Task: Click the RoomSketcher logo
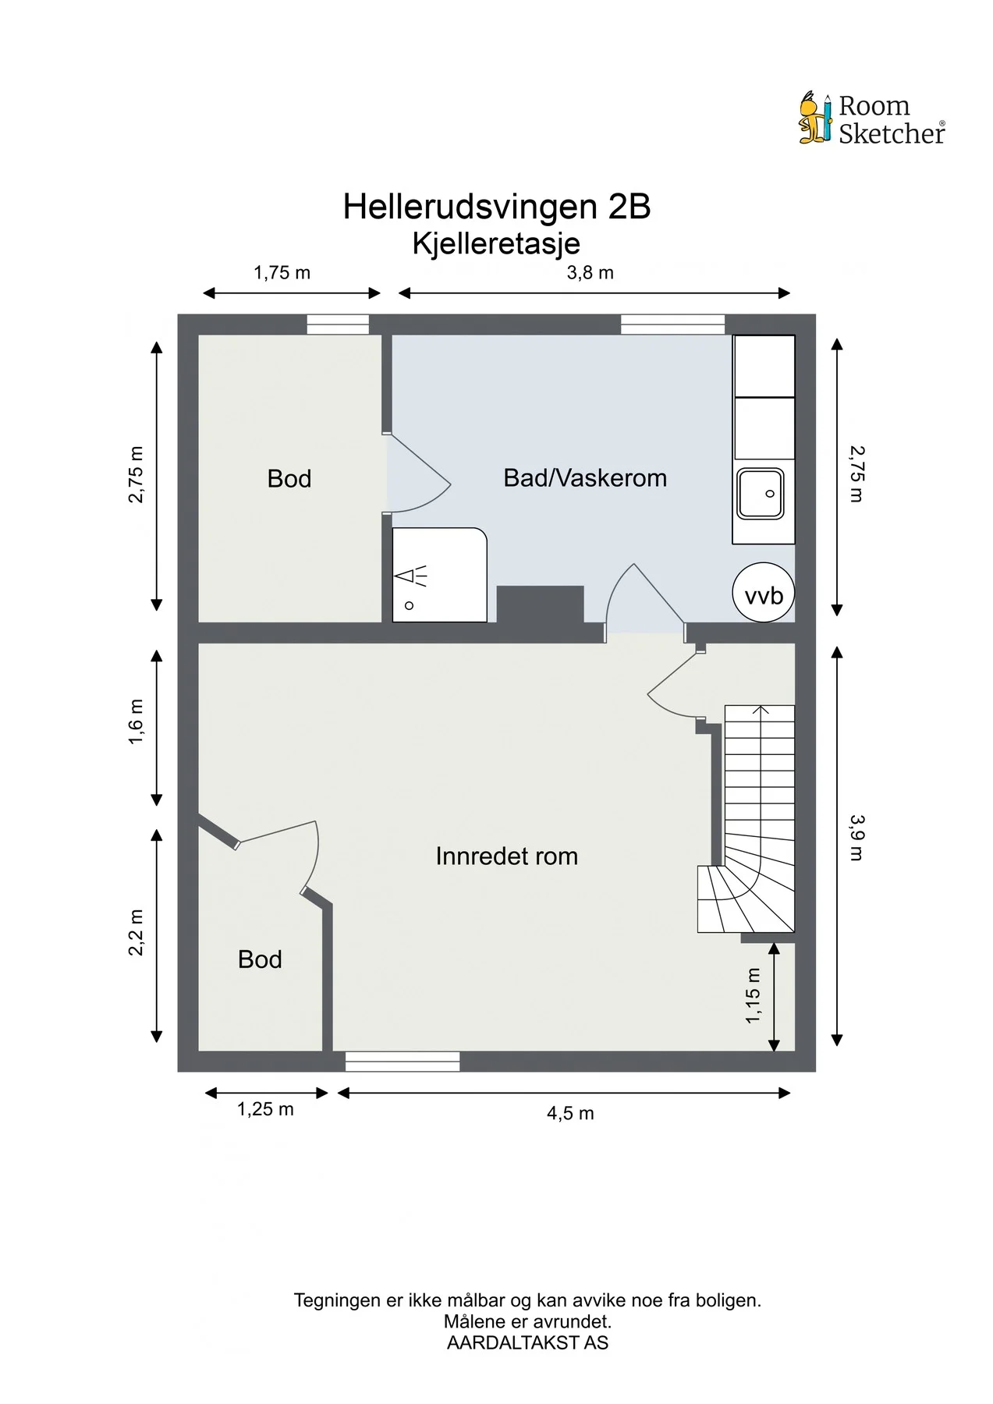click(871, 119)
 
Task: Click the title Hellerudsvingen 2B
click(497, 207)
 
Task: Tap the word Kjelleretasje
click(496, 243)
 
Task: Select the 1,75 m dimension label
click(282, 273)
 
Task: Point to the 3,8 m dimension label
click(590, 273)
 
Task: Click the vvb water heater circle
click(764, 592)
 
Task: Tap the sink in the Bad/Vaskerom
click(761, 493)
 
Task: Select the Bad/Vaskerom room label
click(585, 478)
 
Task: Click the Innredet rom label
click(507, 856)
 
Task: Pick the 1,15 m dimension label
click(753, 996)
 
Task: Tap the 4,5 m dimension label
click(570, 1113)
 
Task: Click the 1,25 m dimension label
click(265, 1109)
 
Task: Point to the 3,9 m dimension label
click(856, 837)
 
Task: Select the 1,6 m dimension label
click(137, 721)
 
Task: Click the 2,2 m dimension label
click(137, 932)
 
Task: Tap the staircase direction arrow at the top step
click(761, 710)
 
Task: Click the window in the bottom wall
click(403, 1061)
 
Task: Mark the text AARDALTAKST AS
click(527, 1343)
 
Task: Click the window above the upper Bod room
click(338, 324)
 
